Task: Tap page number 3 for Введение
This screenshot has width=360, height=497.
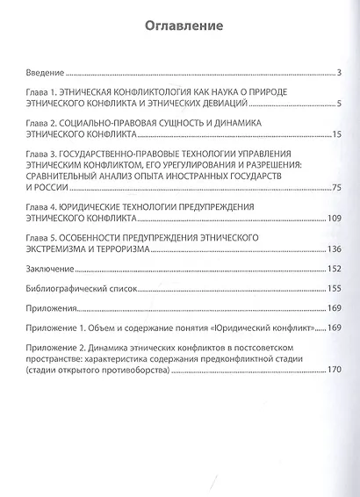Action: [339, 71]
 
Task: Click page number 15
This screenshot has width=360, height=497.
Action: [336, 138]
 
